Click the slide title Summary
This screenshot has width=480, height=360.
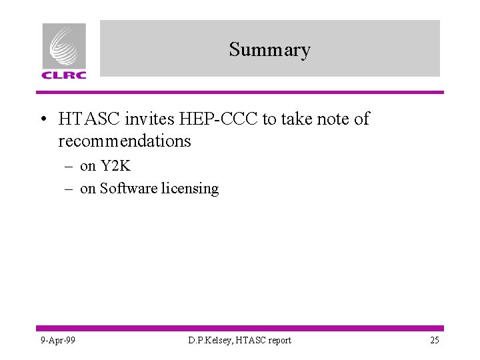269,50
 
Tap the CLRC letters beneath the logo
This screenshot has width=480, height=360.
64,75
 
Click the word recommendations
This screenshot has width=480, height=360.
125,141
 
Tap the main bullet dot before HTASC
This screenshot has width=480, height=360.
43,120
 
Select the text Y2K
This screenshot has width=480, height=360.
115,166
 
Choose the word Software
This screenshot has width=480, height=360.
129,189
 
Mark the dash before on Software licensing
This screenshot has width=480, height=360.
68,189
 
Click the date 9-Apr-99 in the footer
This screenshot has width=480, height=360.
57,341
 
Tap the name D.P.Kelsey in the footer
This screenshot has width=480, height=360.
209,341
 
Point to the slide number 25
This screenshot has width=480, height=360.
434,341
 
